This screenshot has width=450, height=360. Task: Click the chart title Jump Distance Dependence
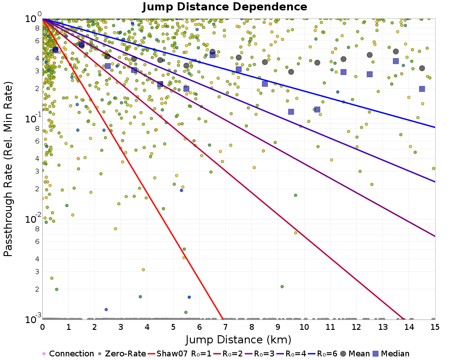(x=225, y=7)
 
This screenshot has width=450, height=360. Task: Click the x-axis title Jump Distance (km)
(x=238, y=339)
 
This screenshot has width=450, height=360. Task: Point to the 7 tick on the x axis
(x=225, y=325)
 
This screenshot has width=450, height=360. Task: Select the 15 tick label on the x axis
(x=434, y=325)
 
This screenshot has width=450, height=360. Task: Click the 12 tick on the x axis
(x=356, y=325)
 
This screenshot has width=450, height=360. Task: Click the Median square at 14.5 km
(x=422, y=89)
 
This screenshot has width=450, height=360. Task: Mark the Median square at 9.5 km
(x=291, y=112)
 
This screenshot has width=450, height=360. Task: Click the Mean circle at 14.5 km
(x=422, y=68)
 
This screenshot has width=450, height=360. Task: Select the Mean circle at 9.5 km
(x=291, y=72)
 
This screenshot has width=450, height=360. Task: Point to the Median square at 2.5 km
(x=108, y=66)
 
